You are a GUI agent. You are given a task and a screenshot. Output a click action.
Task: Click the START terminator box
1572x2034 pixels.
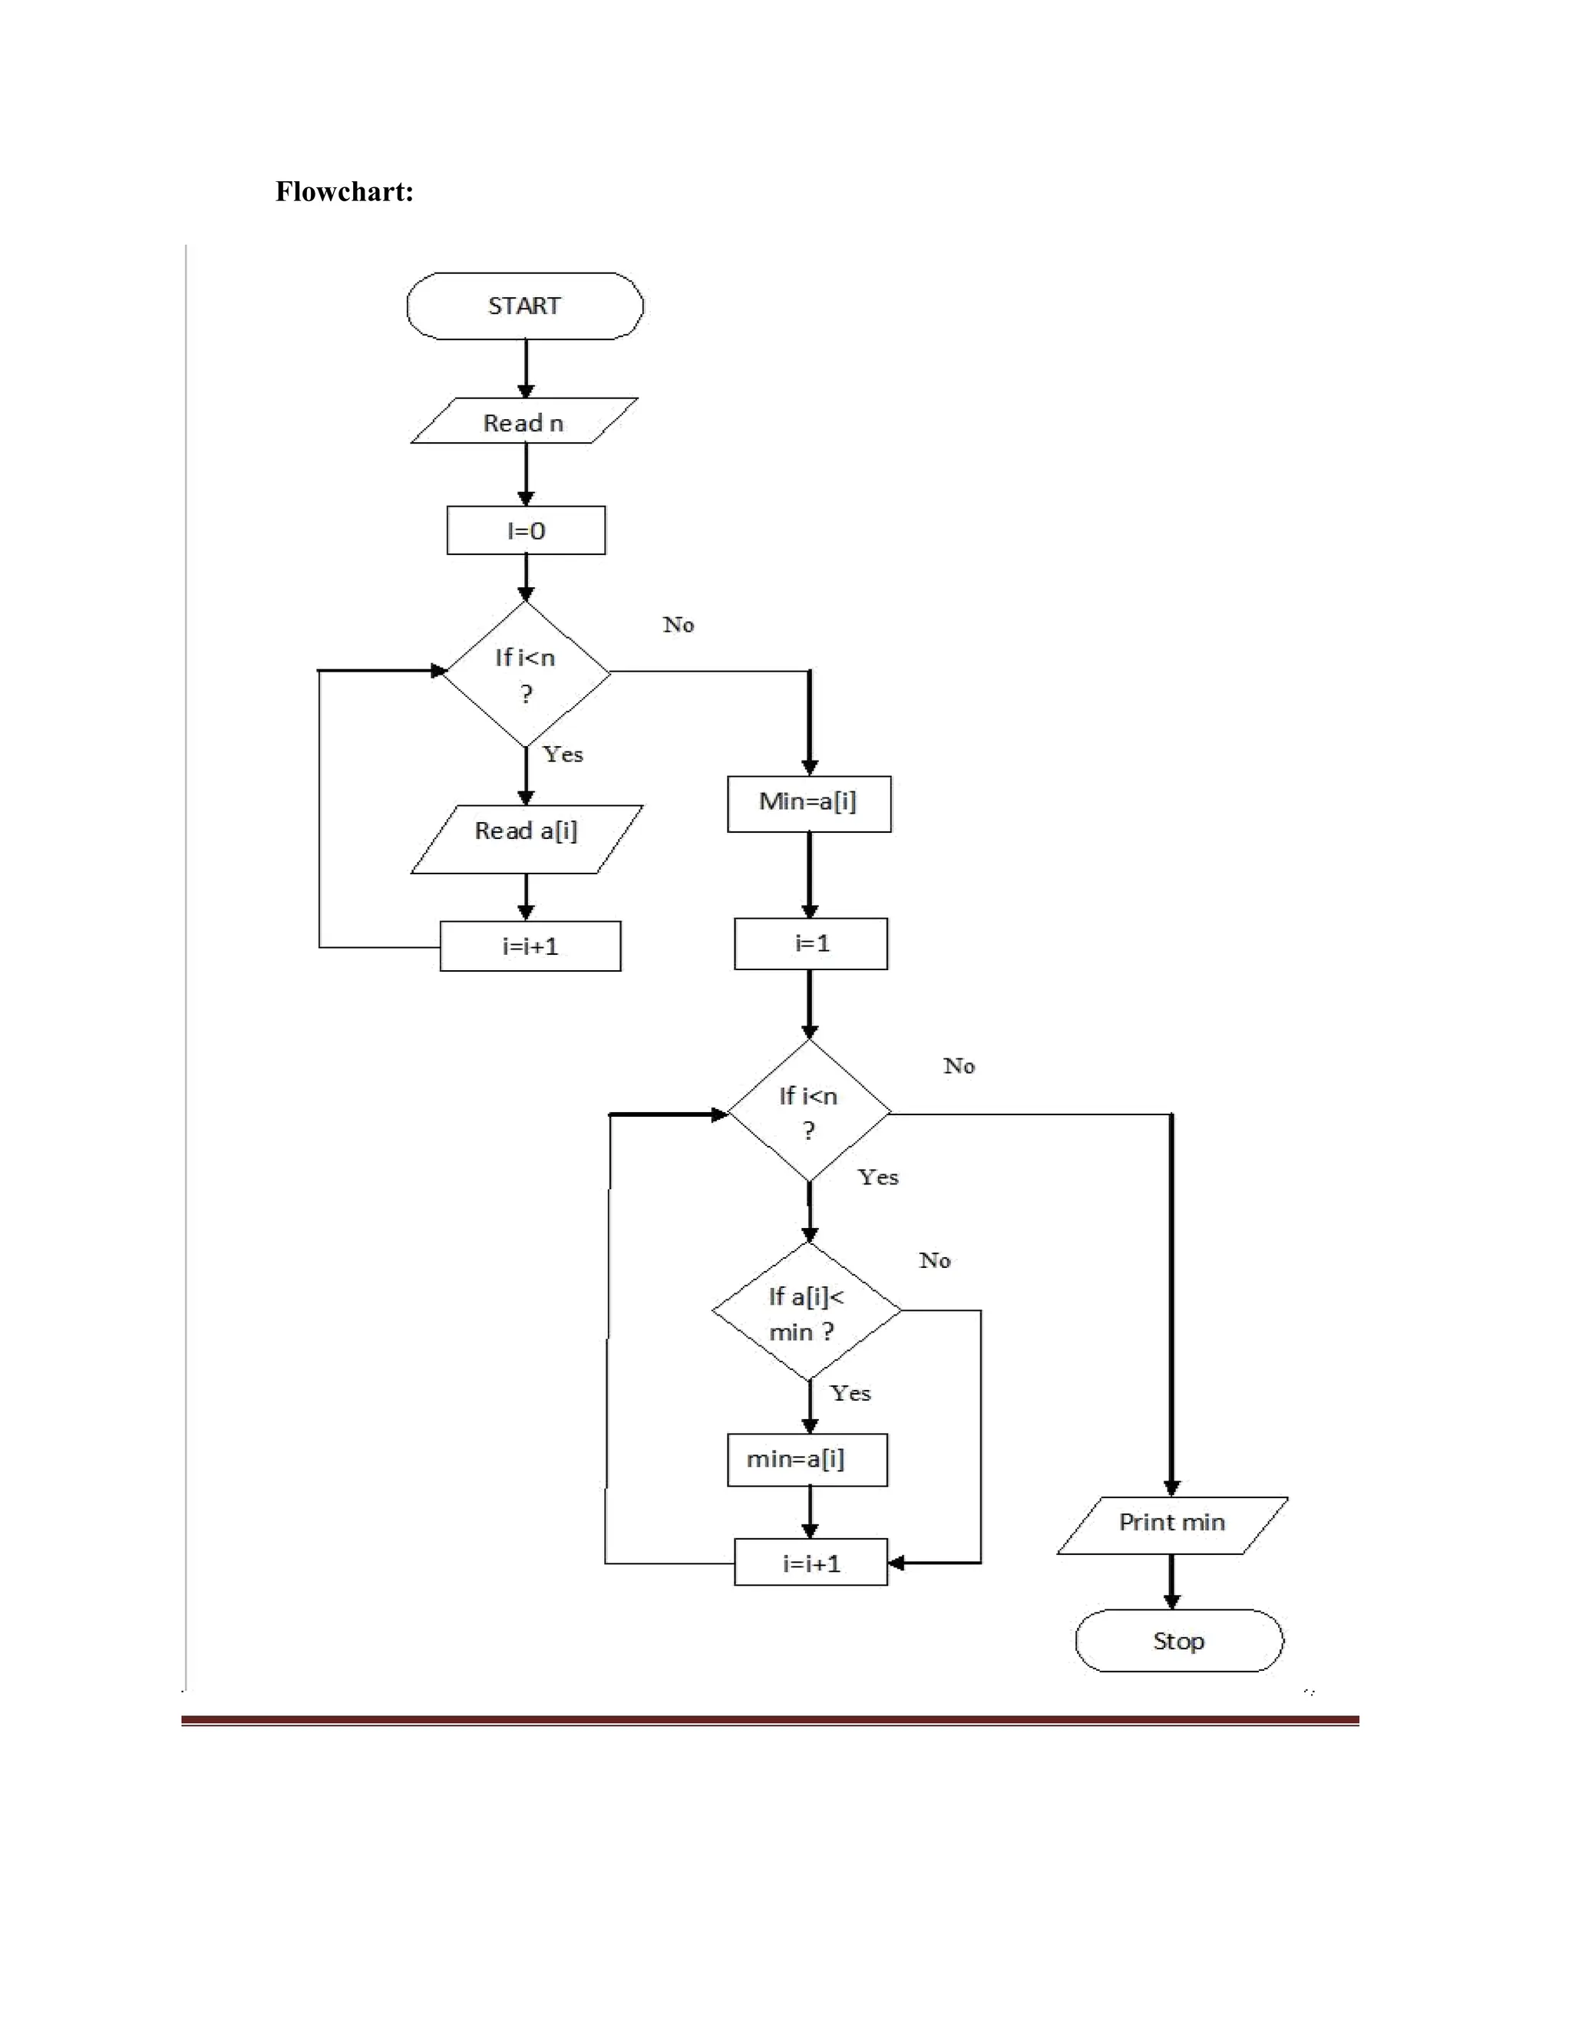click(524, 305)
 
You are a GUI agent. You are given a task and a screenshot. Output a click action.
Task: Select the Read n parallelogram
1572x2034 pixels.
click(524, 422)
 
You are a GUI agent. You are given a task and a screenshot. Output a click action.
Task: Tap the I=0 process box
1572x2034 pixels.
click(525, 531)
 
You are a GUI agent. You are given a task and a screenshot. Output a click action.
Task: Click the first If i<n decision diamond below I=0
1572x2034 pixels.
click(525, 673)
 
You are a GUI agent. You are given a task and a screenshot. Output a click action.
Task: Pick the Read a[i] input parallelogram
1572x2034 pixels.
click(526, 838)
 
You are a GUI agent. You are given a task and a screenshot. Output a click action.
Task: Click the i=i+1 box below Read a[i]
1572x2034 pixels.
click(530, 946)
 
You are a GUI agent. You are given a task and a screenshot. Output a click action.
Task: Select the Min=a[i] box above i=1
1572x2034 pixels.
click(808, 803)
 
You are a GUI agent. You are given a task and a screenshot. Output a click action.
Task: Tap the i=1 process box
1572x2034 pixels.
click(811, 943)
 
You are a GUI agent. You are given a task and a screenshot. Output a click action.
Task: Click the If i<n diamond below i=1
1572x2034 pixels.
click(808, 1111)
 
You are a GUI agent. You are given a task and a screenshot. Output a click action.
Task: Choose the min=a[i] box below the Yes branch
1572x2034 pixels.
click(807, 1459)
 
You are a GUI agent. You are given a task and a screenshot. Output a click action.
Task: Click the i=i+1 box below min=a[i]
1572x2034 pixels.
click(811, 1562)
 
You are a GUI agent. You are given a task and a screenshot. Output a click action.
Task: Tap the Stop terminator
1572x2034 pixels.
click(1178, 1640)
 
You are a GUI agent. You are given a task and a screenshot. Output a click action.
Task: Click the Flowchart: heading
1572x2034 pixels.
click(344, 192)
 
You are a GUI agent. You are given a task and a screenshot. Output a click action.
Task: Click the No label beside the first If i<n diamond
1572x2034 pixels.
click(678, 625)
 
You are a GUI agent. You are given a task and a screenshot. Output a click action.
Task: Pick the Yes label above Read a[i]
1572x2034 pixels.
click(563, 754)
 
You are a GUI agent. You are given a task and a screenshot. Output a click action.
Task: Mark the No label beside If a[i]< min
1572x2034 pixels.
click(934, 1260)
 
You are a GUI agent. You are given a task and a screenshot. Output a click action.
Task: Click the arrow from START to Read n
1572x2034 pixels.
click(525, 368)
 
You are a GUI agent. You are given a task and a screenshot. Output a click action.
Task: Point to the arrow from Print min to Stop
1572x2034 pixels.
click(1171, 1580)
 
